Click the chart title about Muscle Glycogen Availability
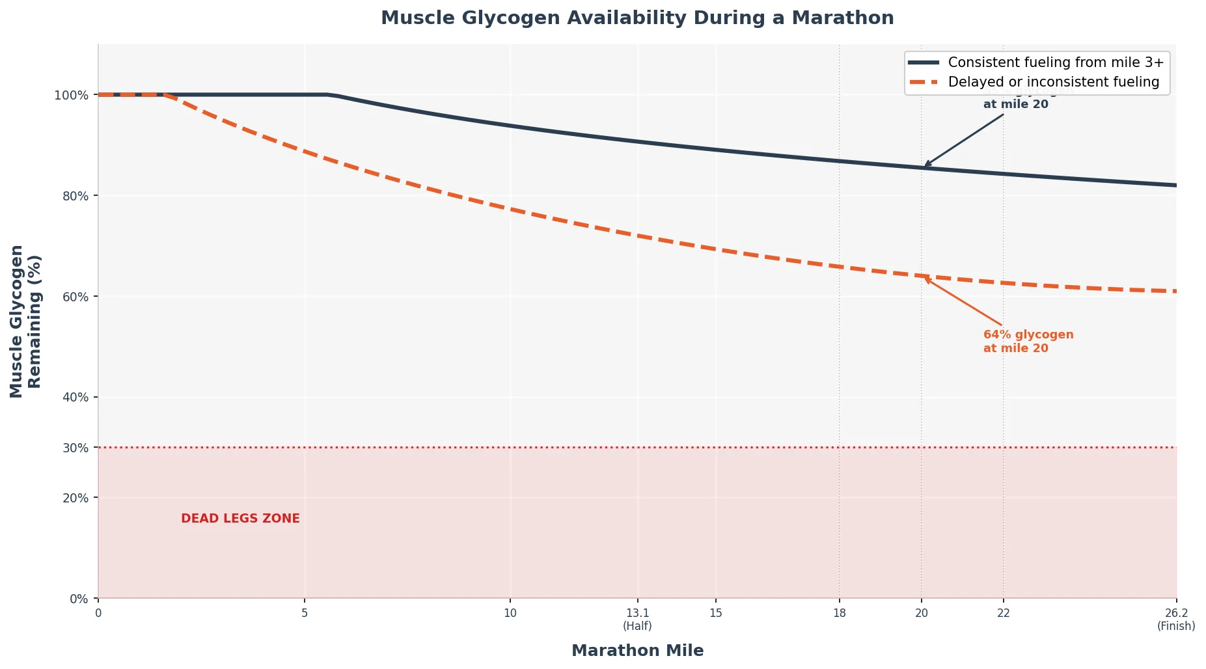pyautogui.click(x=637, y=18)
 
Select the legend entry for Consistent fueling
pyautogui.click(x=1055, y=62)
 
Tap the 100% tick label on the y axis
pyautogui.click(x=71, y=96)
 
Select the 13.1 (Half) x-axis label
pyautogui.click(x=637, y=619)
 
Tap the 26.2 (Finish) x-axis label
pyautogui.click(x=1175, y=619)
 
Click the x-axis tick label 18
pyautogui.click(x=840, y=613)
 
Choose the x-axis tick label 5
pyautogui.click(x=305, y=613)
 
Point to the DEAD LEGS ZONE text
pyautogui.click(x=240, y=519)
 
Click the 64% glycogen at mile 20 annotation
pyautogui.click(x=1028, y=342)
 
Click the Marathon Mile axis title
pyautogui.click(x=637, y=651)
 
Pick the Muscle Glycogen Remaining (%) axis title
pyautogui.click(x=25, y=321)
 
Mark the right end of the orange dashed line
pyautogui.click(x=1175, y=291)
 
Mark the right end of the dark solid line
pyautogui.click(x=1175, y=185)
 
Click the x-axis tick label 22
pyautogui.click(x=1004, y=613)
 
